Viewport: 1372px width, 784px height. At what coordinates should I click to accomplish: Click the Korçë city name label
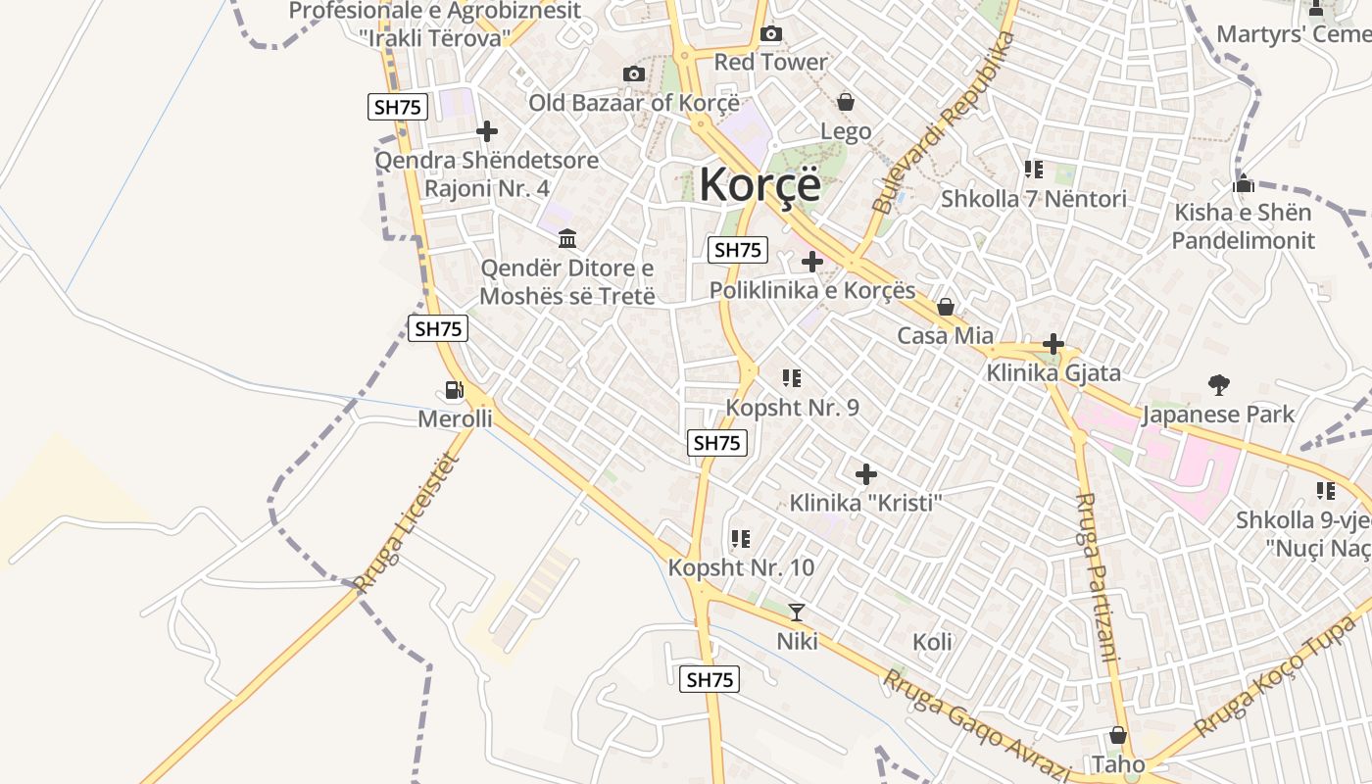tap(759, 183)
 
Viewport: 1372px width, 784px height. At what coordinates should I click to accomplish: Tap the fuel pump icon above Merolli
tap(454, 390)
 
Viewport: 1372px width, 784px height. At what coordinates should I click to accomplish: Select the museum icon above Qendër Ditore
tap(566, 238)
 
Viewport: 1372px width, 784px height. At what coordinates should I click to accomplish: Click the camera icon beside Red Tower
tap(771, 34)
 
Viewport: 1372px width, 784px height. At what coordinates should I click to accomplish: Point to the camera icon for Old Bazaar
tap(634, 74)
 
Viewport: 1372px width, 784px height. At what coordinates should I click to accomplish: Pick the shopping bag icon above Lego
tap(846, 102)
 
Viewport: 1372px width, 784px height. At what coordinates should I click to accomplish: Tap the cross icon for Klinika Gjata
tap(1053, 344)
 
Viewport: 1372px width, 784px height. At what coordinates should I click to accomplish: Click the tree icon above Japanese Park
tap(1219, 384)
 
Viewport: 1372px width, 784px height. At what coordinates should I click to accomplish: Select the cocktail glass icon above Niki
tap(797, 612)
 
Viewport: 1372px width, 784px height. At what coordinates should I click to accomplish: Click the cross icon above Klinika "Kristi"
tap(866, 474)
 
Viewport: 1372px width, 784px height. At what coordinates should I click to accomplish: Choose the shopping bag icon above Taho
tap(1118, 735)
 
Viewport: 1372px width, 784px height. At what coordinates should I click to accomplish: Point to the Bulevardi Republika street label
tap(943, 122)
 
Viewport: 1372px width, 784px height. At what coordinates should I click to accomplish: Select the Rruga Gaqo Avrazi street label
tap(975, 725)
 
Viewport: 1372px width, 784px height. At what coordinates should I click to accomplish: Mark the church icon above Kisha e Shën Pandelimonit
tap(1244, 183)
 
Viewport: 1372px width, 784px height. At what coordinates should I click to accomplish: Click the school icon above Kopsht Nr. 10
tap(740, 539)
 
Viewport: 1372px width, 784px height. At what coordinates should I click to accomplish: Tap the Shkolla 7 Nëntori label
tap(1034, 199)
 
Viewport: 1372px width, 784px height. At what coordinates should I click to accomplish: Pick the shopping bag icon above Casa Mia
tap(946, 307)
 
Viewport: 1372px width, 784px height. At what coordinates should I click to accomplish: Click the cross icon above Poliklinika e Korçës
tap(812, 262)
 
